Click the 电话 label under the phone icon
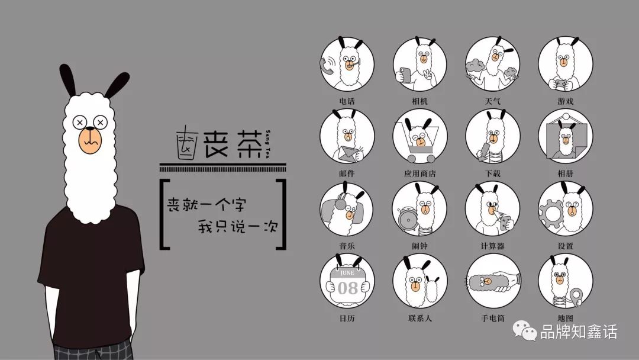tap(347, 101)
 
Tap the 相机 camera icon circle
tap(419, 64)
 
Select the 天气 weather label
tap(492, 101)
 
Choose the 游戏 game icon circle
tap(565, 64)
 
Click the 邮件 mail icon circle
tap(347, 137)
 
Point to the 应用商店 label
tap(419, 173)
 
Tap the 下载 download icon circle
tap(492, 137)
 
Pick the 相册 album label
tap(565, 173)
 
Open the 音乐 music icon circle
tap(347, 209)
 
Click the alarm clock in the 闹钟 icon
tap(408, 220)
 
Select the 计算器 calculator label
tap(492, 246)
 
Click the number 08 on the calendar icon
tap(347, 288)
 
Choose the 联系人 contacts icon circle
tap(419, 281)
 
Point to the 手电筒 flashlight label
tap(492, 319)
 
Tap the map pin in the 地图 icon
tap(576, 297)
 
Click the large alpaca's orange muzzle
tap(89, 141)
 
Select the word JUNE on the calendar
tap(347, 273)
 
